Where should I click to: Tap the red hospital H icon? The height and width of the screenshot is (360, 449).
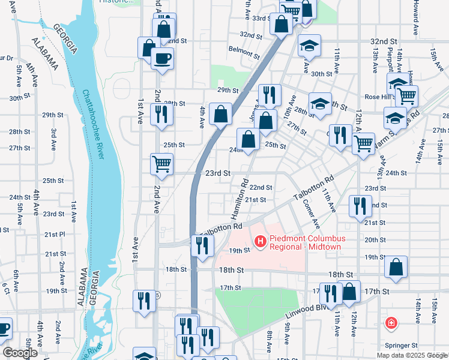tap(261, 241)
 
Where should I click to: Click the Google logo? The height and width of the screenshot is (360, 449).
tap(20, 353)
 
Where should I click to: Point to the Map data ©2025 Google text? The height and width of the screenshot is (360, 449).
tap(411, 355)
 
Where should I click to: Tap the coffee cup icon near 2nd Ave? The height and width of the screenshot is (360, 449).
tap(162, 58)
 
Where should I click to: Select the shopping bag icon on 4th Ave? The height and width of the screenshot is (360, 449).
tap(221, 113)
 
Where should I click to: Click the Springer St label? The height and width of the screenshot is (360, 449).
tap(401, 346)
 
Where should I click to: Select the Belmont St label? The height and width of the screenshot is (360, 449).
tap(244, 49)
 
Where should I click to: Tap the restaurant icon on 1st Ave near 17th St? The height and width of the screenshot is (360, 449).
tap(144, 300)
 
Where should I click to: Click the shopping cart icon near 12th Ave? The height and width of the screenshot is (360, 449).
tap(363, 143)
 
